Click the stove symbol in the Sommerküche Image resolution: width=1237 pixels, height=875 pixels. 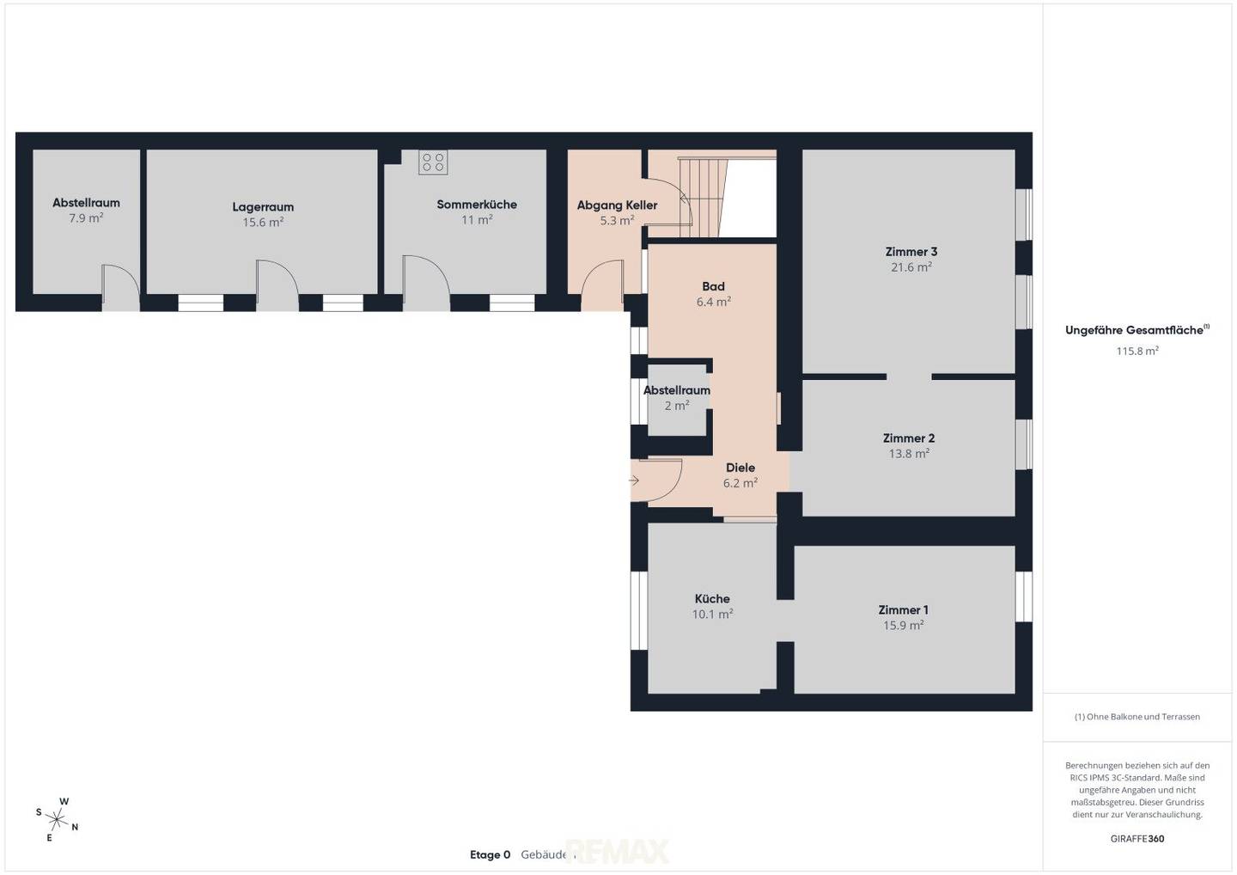pyautogui.click(x=433, y=162)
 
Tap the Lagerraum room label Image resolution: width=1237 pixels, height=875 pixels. pyautogui.click(x=263, y=207)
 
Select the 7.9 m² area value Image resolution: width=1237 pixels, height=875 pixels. pyautogui.click(x=86, y=218)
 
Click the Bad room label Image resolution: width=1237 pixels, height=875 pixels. pyautogui.click(x=714, y=286)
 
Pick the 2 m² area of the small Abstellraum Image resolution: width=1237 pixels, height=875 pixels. pyautogui.click(x=677, y=406)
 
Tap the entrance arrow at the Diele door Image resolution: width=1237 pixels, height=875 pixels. pyautogui.click(x=634, y=480)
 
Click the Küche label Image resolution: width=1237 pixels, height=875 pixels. pyautogui.click(x=712, y=598)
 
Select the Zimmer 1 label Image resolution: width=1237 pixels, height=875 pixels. pyautogui.click(x=904, y=610)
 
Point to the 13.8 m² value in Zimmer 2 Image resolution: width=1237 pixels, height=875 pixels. pyautogui.click(x=909, y=454)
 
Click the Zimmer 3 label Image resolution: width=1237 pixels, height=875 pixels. pyautogui.click(x=911, y=252)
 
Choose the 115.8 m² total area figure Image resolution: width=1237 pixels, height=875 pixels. pyautogui.click(x=1137, y=351)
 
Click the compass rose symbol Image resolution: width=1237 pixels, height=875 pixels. pyautogui.click(x=57, y=818)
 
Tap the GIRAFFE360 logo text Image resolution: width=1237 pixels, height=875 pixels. pyautogui.click(x=1137, y=839)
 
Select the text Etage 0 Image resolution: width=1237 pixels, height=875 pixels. pyautogui.click(x=490, y=854)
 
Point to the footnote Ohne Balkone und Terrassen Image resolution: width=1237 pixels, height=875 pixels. pyautogui.click(x=1137, y=717)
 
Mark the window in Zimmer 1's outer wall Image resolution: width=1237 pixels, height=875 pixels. pyautogui.click(x=1024, y=597)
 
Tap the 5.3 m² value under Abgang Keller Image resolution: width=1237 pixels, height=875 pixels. pyautogui.click(x=618, y=220)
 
